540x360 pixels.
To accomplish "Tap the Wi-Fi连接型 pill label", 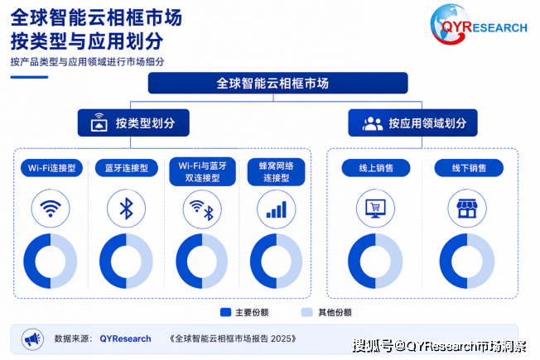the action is [51, 168].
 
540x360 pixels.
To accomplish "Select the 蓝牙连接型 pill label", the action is [127, 168].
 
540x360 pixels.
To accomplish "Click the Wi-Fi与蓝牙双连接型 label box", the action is [202, 172].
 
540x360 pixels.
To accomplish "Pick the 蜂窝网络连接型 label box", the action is [276, 172].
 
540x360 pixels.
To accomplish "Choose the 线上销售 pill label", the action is [376, 168].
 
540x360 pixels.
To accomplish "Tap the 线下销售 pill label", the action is [469, 168].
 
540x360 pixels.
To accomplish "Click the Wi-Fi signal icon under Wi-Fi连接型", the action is [51, 209].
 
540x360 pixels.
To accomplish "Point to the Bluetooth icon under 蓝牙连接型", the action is [127, 209].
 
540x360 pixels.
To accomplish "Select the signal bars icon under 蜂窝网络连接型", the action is [277, 209].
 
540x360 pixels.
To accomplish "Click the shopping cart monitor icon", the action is [375, 209].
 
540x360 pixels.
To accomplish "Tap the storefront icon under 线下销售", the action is [467, 209].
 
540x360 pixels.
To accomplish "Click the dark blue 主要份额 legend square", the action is [225, 312].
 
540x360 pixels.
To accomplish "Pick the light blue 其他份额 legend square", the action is [306, 312].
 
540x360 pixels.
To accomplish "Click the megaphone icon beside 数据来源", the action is [33, 339].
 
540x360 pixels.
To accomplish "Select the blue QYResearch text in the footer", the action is [125, 338].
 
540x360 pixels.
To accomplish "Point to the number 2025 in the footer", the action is [281, 338].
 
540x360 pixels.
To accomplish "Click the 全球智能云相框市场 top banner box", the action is [278, 83].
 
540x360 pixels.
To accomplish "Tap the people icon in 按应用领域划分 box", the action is [372, 123].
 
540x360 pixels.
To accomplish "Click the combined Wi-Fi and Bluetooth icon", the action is [202, 209].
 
